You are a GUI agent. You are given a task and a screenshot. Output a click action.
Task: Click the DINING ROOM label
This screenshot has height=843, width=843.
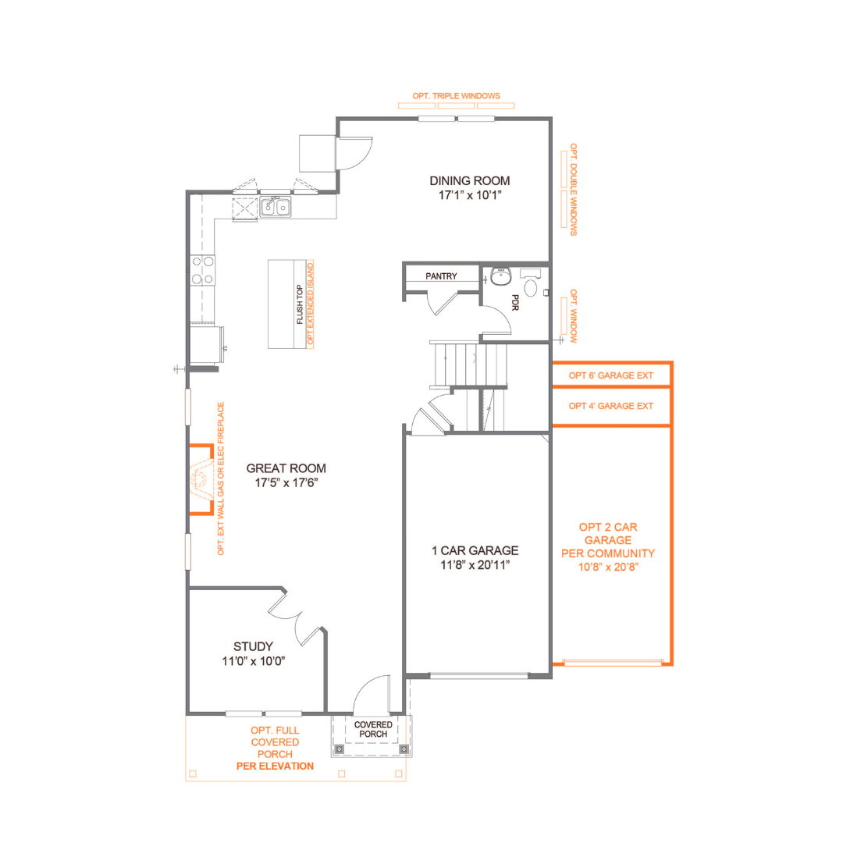[x=469, y=180]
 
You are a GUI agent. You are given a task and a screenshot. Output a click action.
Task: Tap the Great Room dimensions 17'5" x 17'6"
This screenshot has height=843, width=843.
[x=286, y=483]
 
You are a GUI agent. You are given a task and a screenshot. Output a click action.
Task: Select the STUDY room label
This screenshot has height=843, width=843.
[x=253, y=646]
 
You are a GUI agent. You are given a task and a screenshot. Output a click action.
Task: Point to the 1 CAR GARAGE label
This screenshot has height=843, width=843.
[x=475, y=550]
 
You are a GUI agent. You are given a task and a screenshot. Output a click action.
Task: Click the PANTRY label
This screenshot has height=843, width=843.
[x=441, y=276]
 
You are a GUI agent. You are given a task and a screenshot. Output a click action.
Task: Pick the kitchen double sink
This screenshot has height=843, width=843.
[x=276, y=207]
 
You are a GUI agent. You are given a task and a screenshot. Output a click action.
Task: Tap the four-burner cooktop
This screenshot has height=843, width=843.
[x=203, y=270]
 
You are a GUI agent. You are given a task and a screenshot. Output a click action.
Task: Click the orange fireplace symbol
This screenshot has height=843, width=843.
[x=202, y=479]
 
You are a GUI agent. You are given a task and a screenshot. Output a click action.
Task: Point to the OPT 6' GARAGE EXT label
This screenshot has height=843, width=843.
[x=610, y=375]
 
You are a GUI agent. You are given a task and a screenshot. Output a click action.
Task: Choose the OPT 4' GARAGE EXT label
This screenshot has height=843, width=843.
[x=610, y=406]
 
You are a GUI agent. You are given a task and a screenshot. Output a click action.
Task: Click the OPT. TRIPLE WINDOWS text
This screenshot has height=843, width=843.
[x=456, y=96]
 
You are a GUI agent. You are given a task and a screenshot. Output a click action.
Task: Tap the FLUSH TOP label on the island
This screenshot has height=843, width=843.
[x=300, y=304]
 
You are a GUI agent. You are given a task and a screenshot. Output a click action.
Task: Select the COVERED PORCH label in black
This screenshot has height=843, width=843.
[x=373, y=729]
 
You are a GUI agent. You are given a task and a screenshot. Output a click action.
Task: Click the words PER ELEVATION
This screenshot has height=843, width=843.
[x=275, y=767]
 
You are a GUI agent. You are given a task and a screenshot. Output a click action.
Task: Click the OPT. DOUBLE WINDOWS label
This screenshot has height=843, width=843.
[x=574, y=189]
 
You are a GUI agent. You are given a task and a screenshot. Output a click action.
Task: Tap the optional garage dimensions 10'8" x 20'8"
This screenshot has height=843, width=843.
[x=608, y=567]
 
